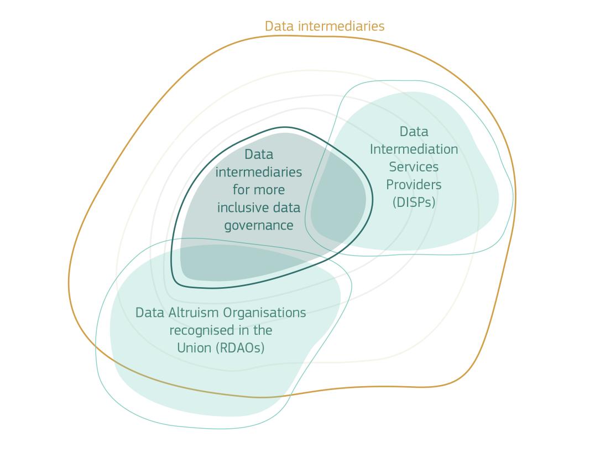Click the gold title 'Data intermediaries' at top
click(x=324, y=26)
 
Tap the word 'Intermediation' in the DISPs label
click(x=414, y=149)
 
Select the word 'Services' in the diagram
click(x=414, y=167)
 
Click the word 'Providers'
click(x=414, y=184)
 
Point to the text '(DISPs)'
click(x=414, y=202)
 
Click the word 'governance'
click(x=258, y=226)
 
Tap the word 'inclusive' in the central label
click(x=242, y=207)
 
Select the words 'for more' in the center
click(x=258, y=190)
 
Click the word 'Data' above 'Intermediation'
click(x=414, y=132)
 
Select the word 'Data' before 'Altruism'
click(x=148, y=313)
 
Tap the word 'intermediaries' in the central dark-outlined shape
click(x=258, y=172)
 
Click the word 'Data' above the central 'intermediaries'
click(x=258, y=154)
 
